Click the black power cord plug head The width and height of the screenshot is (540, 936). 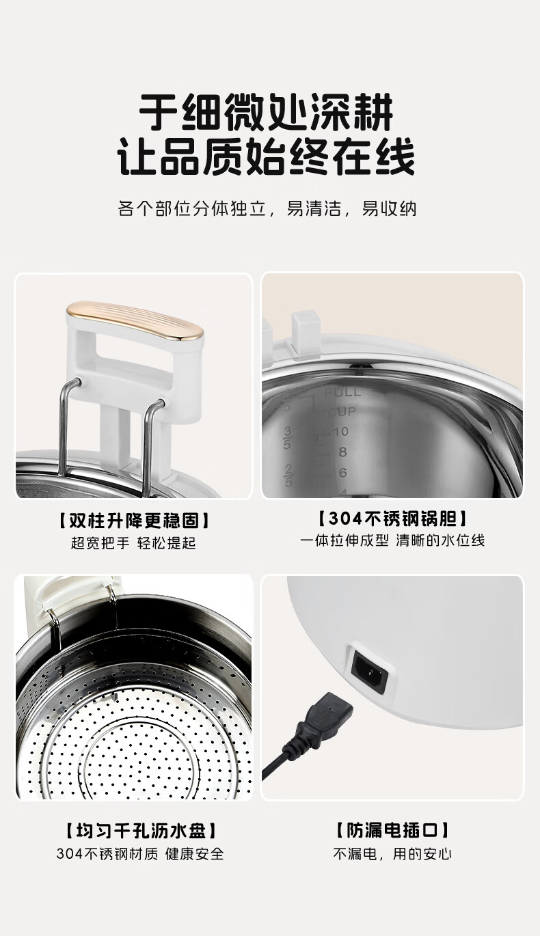[x=324, y=713]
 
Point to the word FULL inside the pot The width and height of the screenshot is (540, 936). [x=342, y=391]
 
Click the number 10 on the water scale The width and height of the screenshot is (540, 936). [x=341, y=431]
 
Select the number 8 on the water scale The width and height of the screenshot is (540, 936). [x=342, y=452]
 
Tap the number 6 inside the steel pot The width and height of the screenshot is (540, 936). [x=342, y=473]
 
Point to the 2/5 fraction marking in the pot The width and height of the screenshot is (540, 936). [x=288, y=475]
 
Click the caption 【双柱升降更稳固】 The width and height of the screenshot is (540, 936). [x=133, y=521]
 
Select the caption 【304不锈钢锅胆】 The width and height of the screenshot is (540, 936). [x=392, y=519]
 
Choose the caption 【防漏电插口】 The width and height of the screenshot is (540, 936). [x=392, y=830]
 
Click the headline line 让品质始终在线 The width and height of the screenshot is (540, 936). [x=266, y=158]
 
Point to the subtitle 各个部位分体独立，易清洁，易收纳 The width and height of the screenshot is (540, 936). [x=267, y=208]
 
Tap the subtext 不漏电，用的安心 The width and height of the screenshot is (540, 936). [x=392, y=854]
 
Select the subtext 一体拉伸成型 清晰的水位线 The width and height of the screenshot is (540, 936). [x=392, y=540]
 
